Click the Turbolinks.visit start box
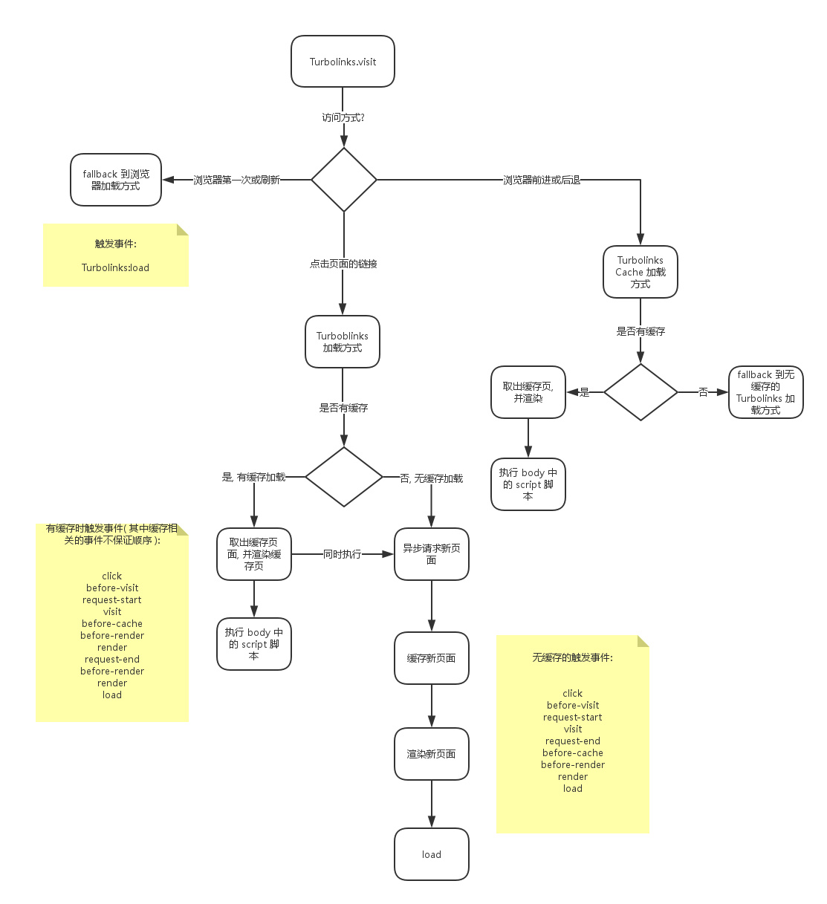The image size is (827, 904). click(343, 62)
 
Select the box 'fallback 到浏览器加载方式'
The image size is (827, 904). click(116, 180)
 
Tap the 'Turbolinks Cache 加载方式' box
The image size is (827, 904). click(640, 272)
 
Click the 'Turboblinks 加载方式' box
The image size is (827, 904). click(343, 342)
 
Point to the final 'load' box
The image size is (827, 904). click(432, 854)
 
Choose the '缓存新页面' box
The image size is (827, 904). click(432, 658)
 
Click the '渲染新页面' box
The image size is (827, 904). click(432, 754)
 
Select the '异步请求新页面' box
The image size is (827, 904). click(432, 554)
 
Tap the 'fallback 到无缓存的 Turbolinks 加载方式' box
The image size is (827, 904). click(766, 392)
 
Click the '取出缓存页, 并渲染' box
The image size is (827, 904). click(528, 392)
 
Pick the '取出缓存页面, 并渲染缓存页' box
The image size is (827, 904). click(254, 554)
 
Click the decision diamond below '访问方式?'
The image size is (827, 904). click(344, 180)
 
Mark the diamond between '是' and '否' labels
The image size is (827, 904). click(640, 392)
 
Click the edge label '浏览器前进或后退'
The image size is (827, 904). click(542, 180)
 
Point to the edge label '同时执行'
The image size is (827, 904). click(343, 554)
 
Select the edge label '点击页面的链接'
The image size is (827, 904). click(343, 264)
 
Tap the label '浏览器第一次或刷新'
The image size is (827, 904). click(236, 180)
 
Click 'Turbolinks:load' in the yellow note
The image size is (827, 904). click(115, 267)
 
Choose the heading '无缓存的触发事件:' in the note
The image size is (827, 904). click(573, 657)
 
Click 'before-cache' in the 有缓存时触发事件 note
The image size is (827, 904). click(112, 624)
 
